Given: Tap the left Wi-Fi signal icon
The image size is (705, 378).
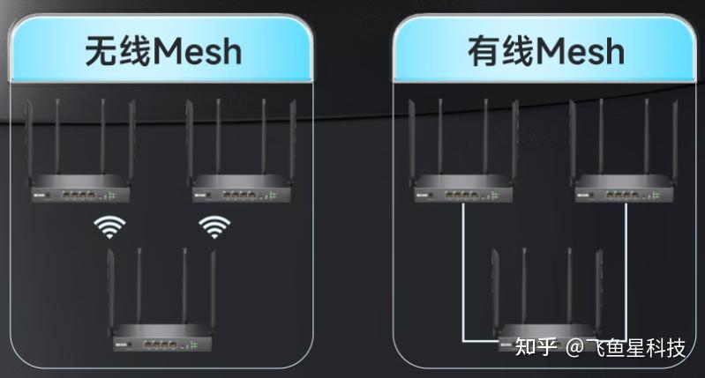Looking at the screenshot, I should tap(109, 227).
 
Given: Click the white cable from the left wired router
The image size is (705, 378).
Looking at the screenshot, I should tap(462, 273).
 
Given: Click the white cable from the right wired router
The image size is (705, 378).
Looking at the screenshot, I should tap(626, 273).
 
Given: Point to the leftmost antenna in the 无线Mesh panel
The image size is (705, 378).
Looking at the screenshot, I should tap(28, 141).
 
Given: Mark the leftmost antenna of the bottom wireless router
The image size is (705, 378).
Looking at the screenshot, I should tap(109, 286).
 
